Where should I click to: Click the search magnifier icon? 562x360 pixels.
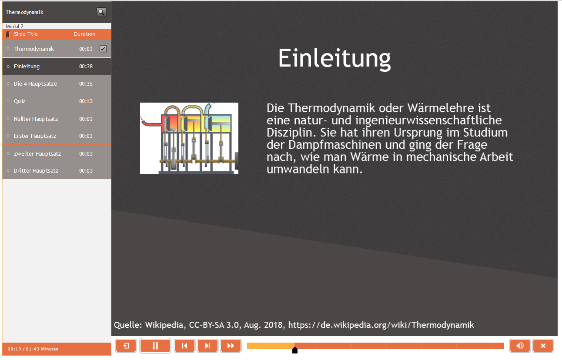[101, 12]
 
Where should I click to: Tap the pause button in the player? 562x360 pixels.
[155, 346]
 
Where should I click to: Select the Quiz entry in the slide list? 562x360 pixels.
[57, 101]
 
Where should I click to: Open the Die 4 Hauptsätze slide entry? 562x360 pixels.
[57, 84]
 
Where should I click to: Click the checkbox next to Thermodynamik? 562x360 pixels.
[103, 49]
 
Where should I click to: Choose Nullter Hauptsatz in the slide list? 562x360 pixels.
[57, 119]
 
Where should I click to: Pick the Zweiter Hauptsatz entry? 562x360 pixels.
[57, 153]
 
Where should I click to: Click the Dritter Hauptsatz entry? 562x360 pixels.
[57, 171]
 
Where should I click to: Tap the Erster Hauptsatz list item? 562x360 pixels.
[57, 136]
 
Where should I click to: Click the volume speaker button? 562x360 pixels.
[520, 346]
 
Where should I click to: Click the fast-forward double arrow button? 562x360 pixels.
[231, 346]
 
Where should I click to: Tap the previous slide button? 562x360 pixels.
[184, 346]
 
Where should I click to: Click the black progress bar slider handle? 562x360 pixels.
[295, 350]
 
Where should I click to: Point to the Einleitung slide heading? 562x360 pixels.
[335, 58]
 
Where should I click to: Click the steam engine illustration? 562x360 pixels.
[189, 138]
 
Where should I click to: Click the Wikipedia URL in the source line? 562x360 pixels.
[381, 325]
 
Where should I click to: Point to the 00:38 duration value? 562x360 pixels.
[86, 67]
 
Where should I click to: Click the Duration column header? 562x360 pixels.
[84, 34]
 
